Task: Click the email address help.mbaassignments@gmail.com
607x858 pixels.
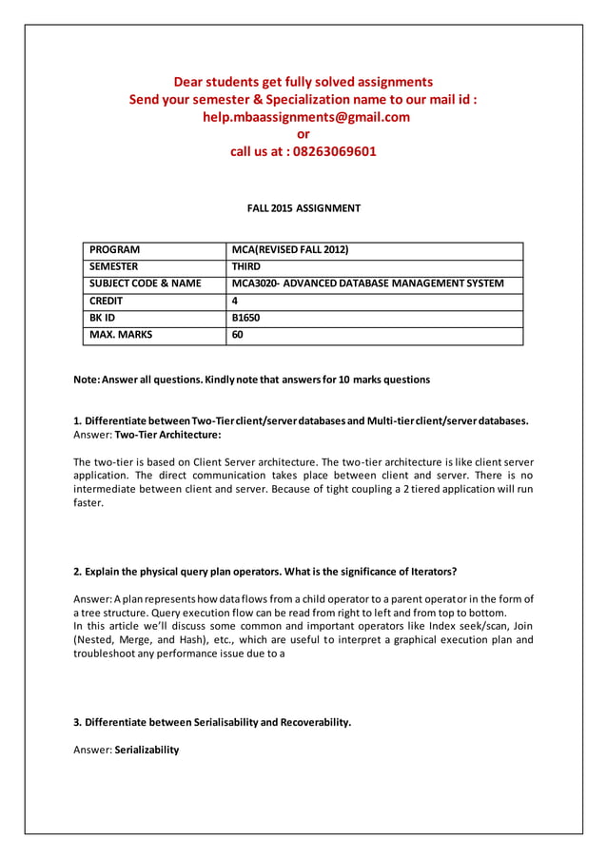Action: pos(303,117)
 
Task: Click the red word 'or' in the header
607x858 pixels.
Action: pos(303,134)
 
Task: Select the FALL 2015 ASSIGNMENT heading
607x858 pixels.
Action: pos(303,208)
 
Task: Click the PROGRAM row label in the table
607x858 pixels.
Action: pos(114,250)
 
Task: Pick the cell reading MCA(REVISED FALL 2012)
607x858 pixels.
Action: pos(290,250)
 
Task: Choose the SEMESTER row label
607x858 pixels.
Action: pos(113,267)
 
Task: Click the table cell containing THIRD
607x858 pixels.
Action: pos(246,267)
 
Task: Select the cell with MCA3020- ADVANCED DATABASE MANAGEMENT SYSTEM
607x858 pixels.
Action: pos(367,283)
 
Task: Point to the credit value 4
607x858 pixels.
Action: pos(236,301)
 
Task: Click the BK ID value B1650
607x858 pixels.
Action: pos(246,318)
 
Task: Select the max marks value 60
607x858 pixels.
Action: pos(239,335)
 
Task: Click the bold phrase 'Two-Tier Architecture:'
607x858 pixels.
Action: pos(167,435)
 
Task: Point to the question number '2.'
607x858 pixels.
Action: pos(78,572)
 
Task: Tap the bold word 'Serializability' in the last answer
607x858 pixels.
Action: pos(147,750)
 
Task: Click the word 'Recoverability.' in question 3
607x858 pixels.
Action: pos(306,722)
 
